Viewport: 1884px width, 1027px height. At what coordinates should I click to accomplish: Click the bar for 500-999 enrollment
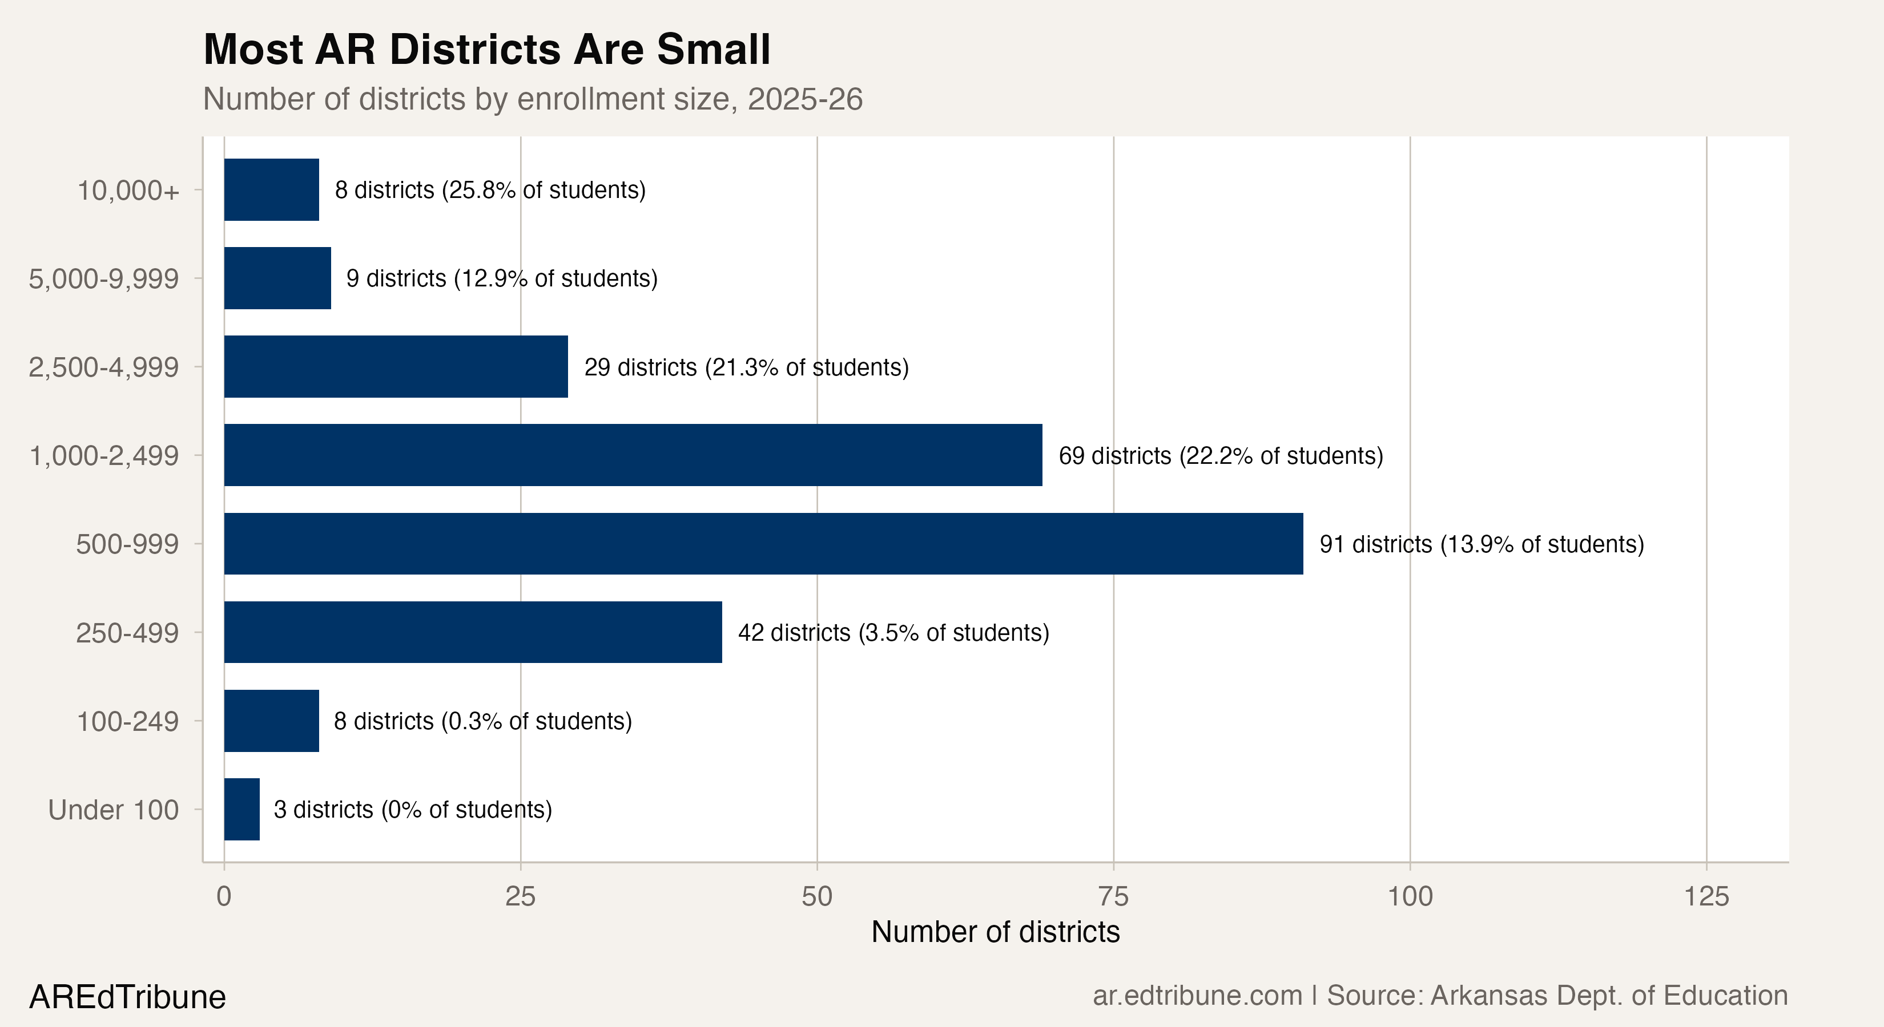click(763, 544)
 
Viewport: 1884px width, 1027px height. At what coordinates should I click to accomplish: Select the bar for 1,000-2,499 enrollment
click(633, 455)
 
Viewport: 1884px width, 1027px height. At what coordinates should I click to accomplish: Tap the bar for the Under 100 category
click(241, 809)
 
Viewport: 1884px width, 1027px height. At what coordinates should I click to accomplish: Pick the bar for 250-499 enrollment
click(473, 632)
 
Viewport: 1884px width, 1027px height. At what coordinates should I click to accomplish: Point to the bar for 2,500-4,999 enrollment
click(396, 366)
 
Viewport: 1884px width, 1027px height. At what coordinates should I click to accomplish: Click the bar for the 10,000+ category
click(271, 189)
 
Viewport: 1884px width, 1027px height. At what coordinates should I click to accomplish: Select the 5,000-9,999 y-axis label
click(103, 278)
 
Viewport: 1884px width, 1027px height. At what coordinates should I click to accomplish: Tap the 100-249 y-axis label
click(127, 721)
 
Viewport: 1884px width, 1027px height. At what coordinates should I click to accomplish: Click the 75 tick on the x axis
click(1113, 896)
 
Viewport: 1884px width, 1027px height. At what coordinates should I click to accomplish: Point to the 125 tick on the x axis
click(1706, 896)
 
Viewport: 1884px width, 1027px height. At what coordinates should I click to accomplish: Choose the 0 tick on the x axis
click(224, 896)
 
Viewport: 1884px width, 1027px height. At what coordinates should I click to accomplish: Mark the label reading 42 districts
click(794, 633)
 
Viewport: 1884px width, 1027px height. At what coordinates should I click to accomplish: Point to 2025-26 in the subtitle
click(804, 99)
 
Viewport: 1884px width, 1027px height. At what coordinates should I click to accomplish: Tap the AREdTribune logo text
click(127, 997)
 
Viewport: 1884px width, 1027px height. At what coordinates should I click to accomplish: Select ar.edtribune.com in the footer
click(1197, 996)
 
